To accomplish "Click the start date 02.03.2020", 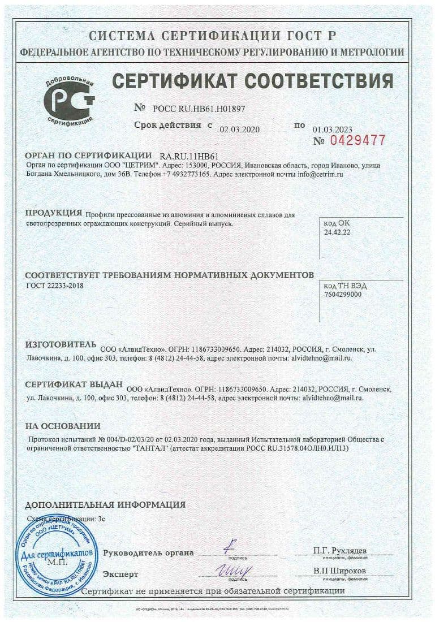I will coord(239,129).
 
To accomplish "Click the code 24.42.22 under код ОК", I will coord(337,232).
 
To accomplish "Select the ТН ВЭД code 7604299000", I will coord(343,295).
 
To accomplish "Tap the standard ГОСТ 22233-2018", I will coord(55,286).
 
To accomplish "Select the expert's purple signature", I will coord(234,569).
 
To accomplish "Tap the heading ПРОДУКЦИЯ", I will coord(54,213).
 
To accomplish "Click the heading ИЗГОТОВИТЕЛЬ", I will coord(61,344).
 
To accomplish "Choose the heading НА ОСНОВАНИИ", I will coord(62,426).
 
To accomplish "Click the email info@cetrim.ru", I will coord(320,175).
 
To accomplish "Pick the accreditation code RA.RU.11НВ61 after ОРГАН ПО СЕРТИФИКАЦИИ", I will coord(189,156).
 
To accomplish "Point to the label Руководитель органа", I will coord(148,553).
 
